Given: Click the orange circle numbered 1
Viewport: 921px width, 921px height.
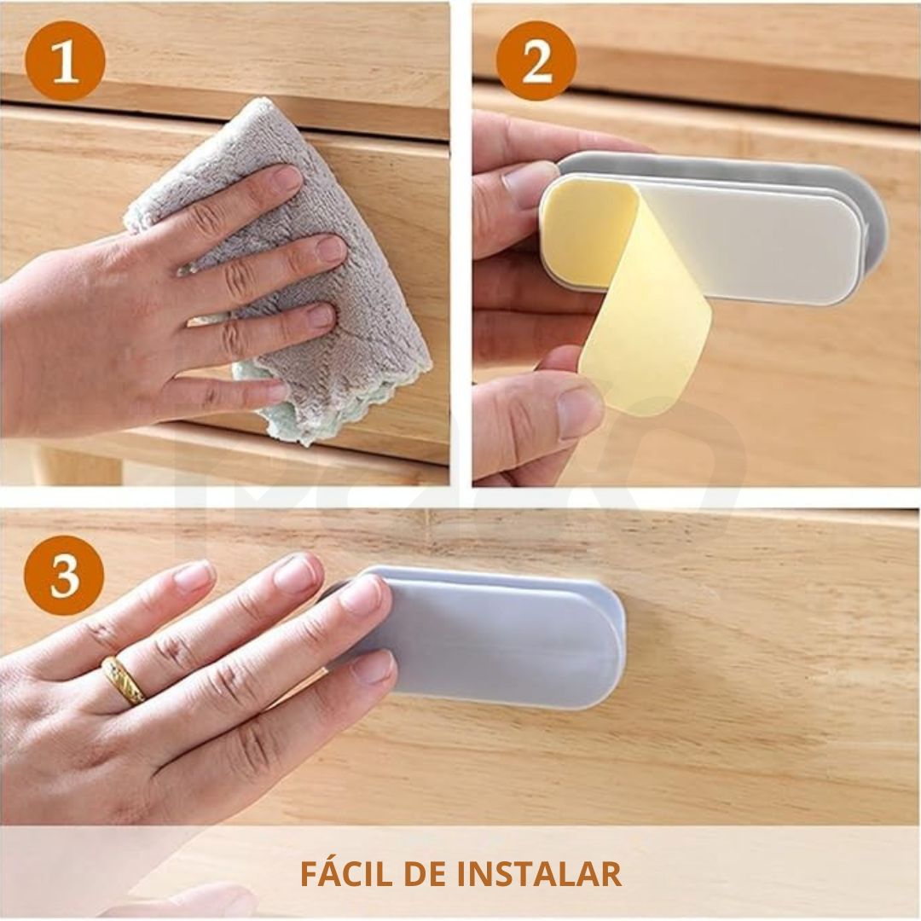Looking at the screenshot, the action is pyautogui.click(x=65, y=61).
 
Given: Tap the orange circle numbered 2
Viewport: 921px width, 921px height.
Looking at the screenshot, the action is pyautogui.click(x=536, y=61).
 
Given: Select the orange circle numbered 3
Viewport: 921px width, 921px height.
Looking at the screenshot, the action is pyautogui.click(x=64, y=575).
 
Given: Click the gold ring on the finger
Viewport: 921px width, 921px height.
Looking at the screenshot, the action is pyautogui.click(x=124, y=680).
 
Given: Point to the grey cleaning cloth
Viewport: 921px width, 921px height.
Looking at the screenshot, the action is pyautogui.click(x=282, y=264).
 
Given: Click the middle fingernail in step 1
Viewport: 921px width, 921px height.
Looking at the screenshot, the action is pyautogui.click(x=331, y=248).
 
